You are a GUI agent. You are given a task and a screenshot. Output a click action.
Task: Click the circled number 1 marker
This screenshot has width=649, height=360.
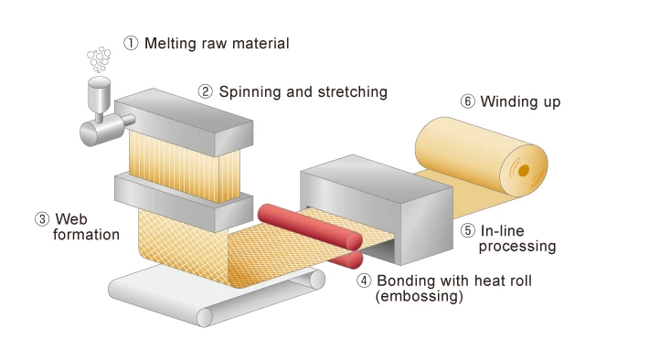(132, 43)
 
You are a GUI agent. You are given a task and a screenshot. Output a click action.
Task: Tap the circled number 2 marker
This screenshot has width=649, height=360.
(206, 91)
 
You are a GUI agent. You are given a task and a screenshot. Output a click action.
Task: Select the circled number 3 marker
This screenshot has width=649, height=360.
(42, 219)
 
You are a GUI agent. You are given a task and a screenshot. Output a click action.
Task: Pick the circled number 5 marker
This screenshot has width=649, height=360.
(468, 231)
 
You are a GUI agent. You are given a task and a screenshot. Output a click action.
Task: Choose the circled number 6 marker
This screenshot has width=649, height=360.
(468, 101)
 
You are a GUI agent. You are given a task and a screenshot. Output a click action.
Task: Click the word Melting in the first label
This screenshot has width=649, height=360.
(171, 43)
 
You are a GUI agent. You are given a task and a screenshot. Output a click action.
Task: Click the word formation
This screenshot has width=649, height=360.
(86, 235)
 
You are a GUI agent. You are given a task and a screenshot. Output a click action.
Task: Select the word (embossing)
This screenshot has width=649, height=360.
(420, 297)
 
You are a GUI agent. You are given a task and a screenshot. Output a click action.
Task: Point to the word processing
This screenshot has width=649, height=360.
(517, 246)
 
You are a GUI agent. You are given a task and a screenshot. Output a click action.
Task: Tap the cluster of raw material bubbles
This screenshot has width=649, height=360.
(99, 60)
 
